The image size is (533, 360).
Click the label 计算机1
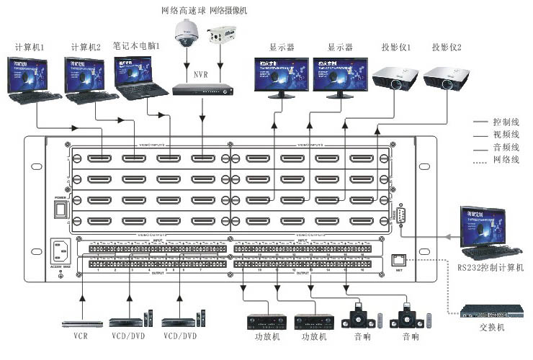pyautogui.click(x=30, y=48)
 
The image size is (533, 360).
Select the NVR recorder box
pyautogui.click(x=203, y=89)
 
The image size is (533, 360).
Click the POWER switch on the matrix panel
pyautogui.click(x=61, y=209)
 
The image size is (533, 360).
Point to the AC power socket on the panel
pyautogui.click(x=61, y=253)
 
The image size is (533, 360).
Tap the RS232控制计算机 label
pyautogui.click(x=491, y=268)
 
